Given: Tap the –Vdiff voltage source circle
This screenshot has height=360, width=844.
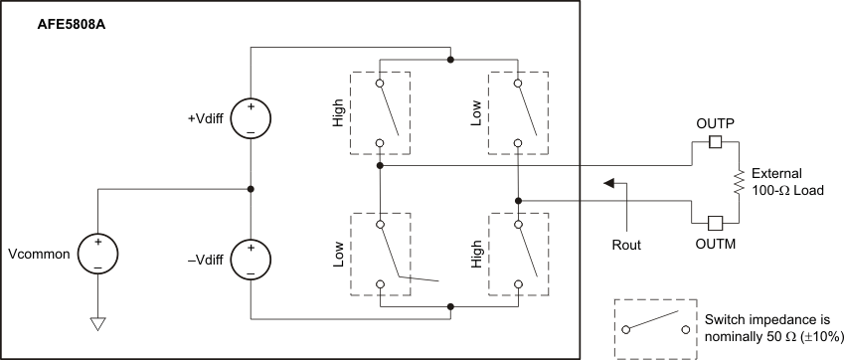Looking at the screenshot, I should coord(252,261).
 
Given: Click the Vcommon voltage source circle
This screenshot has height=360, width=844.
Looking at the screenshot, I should coord(96,254).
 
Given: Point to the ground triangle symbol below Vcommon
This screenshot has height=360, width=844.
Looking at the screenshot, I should coord(96,323).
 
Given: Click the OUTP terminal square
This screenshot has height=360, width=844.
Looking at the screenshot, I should coord(714,142).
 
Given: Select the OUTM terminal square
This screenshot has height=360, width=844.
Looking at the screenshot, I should coord(714,222).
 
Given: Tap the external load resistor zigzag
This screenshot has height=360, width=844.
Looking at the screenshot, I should coord(738,181).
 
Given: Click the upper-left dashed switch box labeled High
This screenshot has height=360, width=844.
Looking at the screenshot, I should coord(380,112).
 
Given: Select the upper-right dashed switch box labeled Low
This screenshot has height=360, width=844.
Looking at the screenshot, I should coord(518,112).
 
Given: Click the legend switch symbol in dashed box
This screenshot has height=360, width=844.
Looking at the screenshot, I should coord(653,328).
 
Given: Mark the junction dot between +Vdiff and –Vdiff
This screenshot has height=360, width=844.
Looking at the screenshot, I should coord(252,189).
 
